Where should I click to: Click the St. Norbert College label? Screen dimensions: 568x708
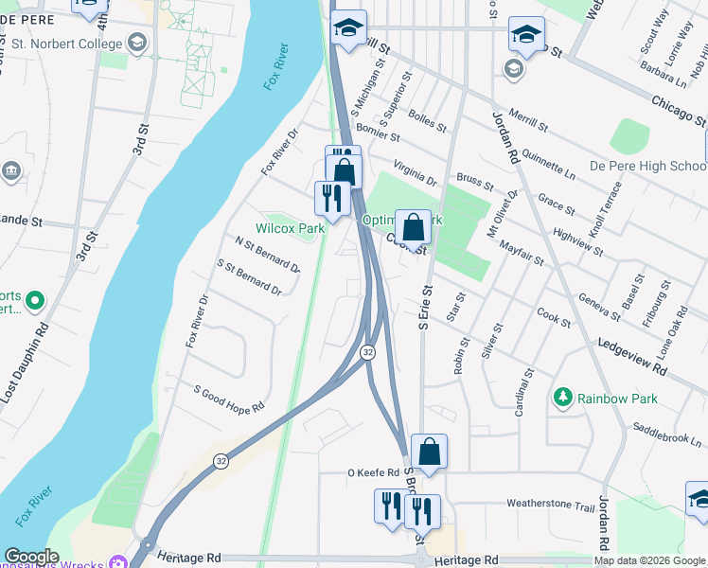[x=67, y=43]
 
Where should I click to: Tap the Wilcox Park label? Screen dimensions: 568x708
[x=290, y=228]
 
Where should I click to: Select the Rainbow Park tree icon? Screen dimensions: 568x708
[x=563, y=396]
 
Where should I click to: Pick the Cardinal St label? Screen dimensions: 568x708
[x=522, y=392]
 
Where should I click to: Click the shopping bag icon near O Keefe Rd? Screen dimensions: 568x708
[x=430, y=453]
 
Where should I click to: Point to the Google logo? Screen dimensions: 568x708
[x=31, y=557]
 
